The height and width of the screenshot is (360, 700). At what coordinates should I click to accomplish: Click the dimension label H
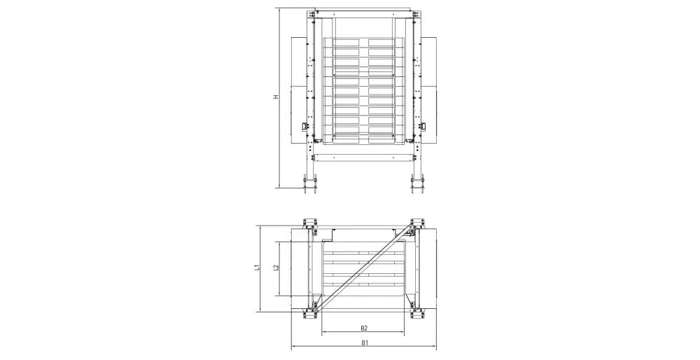coord(276,97)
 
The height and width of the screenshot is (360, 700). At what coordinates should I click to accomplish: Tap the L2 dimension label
coord(276,268)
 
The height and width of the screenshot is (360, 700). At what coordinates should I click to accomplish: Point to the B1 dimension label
coord(365,342)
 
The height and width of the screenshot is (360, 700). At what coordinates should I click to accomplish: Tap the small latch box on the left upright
coord(306,126)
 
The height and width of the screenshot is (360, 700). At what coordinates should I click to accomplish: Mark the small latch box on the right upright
coord(422,126)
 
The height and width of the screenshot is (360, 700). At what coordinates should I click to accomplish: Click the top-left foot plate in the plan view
coord(309,223)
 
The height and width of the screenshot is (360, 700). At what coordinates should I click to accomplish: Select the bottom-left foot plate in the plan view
coord(309,311)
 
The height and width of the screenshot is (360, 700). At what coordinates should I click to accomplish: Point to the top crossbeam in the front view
coord(364,13)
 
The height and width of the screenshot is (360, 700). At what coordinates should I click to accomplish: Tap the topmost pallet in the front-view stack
coord(364,43)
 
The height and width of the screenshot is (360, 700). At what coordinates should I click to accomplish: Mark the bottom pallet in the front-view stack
coord(364,139)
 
